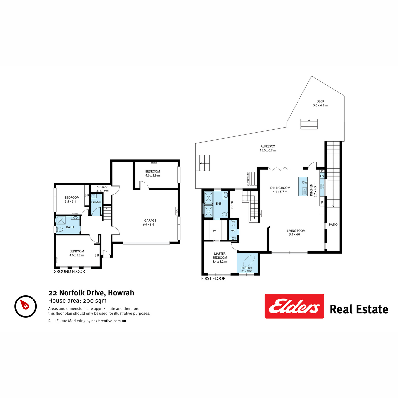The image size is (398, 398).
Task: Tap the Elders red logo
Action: (294, 306)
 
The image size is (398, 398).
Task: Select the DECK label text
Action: (320, 101)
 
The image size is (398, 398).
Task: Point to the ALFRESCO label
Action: (268, 146)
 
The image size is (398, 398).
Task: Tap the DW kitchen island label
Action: (305, 182)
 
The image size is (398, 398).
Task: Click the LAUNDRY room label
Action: (96, 202)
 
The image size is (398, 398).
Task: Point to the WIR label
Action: (216, 231)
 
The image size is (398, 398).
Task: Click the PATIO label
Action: (333, 225)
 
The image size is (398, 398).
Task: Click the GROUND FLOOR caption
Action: (69, 272)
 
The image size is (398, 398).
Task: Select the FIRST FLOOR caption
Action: (213, 279)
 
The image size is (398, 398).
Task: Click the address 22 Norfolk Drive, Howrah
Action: (91, 293)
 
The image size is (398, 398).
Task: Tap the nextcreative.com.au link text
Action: (108, 321)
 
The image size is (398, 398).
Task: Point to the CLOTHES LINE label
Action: (248, 179)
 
